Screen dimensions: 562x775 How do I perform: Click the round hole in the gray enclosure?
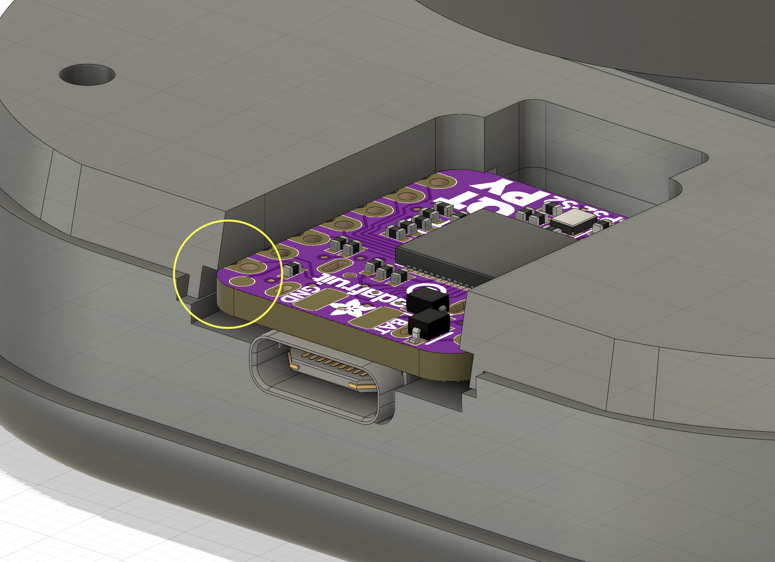click(x=87, y=74)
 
